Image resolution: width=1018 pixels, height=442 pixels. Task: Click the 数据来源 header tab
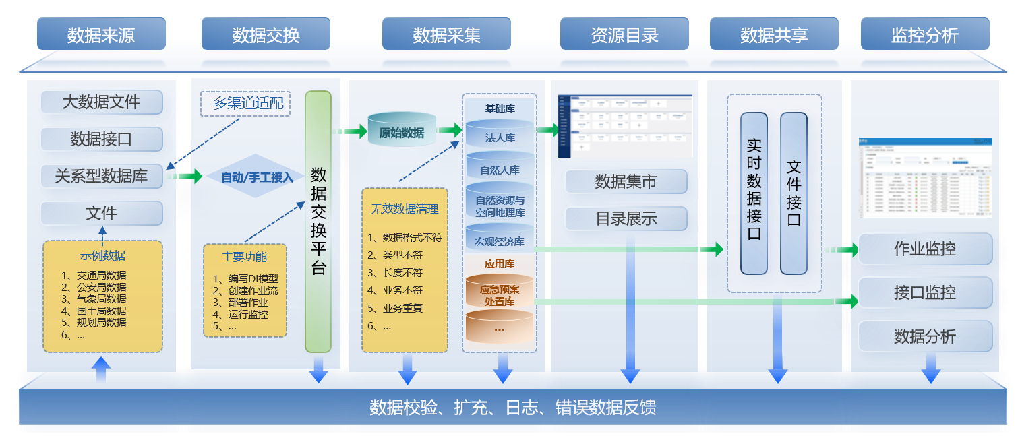click(x=101, y=34)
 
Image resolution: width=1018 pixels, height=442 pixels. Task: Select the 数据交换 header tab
click(x=266, y=34)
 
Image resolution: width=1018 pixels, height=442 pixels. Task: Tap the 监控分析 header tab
click(x=924, y=34)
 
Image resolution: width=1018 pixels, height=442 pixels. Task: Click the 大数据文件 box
click(x=101, y=102)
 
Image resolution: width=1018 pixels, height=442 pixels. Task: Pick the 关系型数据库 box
click(x=101, y=177)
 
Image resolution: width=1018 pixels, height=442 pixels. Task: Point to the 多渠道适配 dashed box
click(x=245, y=104)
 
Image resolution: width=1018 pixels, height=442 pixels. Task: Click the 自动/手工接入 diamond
click(x=257, y=177)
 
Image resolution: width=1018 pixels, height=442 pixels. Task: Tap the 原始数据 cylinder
click(x=402, y=133)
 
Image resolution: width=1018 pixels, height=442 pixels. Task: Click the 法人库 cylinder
click(x=500, y=137)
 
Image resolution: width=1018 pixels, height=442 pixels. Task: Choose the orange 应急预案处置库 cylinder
click(x=500, y=295)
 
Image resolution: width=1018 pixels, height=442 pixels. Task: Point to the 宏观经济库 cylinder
click(x=500, y=241)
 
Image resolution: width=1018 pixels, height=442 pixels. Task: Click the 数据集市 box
click(x=626, y=182)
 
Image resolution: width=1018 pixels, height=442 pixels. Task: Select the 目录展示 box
click(x=626, y=219)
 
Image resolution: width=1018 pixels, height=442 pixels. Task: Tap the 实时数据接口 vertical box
click(x=754, y=193)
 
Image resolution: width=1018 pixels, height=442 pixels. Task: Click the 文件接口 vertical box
click(x=794, y=193)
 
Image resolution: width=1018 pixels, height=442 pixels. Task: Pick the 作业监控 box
click(x=924, y=249)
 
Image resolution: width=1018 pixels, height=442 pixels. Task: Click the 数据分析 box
click(x=924, y=336)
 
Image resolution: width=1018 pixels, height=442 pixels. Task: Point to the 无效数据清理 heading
click(x=405, y=209)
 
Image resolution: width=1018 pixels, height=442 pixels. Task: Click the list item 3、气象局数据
click(x=94, y=298)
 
